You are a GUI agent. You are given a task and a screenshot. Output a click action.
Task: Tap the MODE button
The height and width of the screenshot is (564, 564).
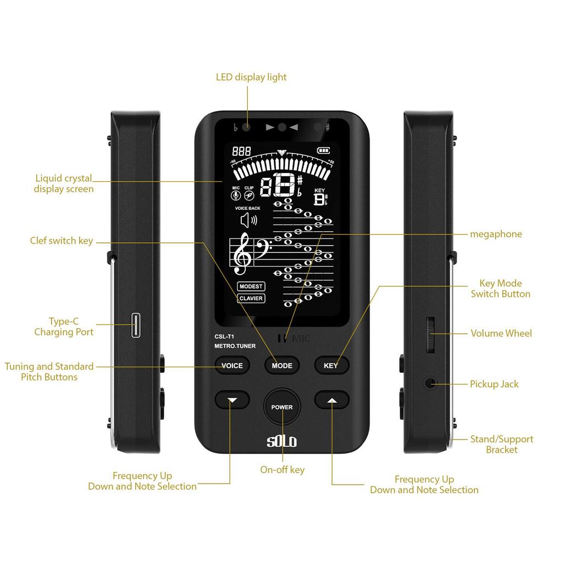click(282, 365)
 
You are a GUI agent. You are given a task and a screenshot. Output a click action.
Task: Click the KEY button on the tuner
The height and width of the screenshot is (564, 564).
click(331, 365)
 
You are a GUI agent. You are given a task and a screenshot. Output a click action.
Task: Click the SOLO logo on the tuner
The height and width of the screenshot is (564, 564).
click(282, 442)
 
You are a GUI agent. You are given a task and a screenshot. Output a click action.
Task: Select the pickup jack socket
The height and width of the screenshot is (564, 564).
click(430, 384)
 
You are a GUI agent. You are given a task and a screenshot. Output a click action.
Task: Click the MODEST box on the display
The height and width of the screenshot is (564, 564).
click(251, 286)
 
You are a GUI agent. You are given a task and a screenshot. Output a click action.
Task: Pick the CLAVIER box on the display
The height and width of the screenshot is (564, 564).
click(251, 299)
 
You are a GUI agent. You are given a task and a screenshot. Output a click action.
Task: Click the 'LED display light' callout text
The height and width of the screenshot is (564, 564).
click(251, 77)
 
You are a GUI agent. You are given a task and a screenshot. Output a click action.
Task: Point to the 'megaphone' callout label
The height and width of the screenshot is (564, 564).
click(496, 234)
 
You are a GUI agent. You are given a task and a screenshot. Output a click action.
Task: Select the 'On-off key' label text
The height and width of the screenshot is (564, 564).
click(282, 470)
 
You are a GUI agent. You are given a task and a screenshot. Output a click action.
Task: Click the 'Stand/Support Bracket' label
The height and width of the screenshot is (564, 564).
click(501, 444)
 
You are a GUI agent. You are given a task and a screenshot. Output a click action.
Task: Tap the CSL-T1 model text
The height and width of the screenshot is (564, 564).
click(225, 336)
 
